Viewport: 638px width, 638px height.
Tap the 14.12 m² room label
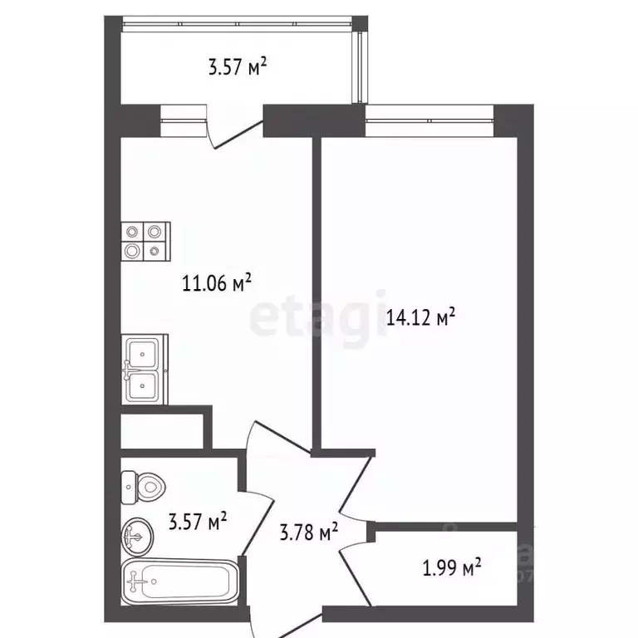tap(421, 317)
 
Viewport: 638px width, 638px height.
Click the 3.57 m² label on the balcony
tap(237, 66)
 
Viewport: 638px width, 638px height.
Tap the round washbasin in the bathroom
tap(138, 537)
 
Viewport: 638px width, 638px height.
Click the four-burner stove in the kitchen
tap(145, 241)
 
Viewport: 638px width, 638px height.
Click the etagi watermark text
tap(320, 320)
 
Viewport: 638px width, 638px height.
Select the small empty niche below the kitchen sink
tap(162, 429)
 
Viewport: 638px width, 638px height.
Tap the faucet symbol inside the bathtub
tap(137, 581)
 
